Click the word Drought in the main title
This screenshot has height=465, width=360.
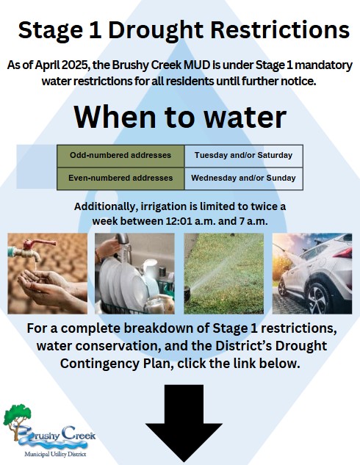(x=156, y=31)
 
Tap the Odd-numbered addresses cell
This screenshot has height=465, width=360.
(x=120, y=156)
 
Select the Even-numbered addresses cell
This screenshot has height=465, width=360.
(x=120, y=179)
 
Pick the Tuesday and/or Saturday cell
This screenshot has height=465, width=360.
(x=243, y=156)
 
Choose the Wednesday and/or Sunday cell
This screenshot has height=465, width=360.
(x=243, y=179)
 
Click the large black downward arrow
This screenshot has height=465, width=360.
(x=184, y=423)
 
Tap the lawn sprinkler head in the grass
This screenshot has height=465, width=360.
(x=187, y=292)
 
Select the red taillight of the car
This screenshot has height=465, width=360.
(x=345, y=253)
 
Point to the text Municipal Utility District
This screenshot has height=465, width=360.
(x=55, y=454)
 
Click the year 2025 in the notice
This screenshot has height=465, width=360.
(x=76, y=65)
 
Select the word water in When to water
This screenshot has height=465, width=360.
(x=245, y=117)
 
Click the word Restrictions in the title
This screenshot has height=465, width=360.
(x=280, y=30)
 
